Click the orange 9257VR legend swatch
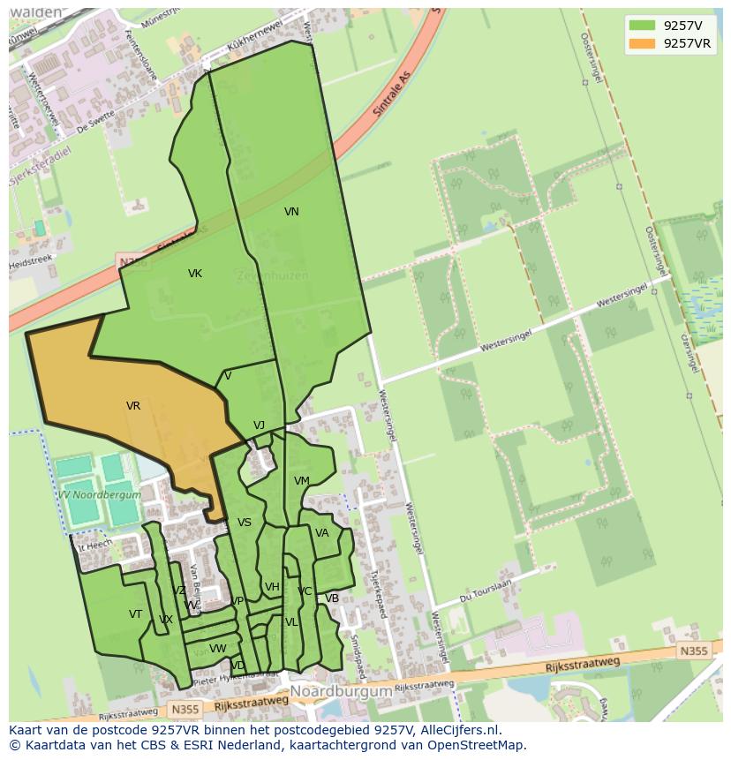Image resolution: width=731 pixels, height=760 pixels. (642, 43)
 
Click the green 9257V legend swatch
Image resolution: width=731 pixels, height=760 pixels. (642, 26)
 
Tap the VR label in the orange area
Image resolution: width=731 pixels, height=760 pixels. (133, 406)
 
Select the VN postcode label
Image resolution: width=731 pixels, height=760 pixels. (291, 212)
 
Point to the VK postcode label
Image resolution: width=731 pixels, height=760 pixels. (195, 274)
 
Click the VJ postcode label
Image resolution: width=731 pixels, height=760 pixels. (259, 425)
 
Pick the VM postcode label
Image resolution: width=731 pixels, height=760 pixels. (302, 481)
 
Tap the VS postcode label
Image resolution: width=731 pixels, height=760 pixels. (245, 523)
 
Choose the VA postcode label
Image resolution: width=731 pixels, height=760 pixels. (322, 533)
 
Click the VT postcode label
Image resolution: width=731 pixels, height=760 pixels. (135, 614)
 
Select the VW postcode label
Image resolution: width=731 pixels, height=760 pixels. (218, 649)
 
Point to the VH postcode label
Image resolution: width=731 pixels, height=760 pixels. (272, 587)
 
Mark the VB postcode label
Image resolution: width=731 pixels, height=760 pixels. (332, 598)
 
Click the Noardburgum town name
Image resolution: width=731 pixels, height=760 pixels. (341, 692)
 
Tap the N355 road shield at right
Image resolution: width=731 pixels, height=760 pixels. (693, 651)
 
